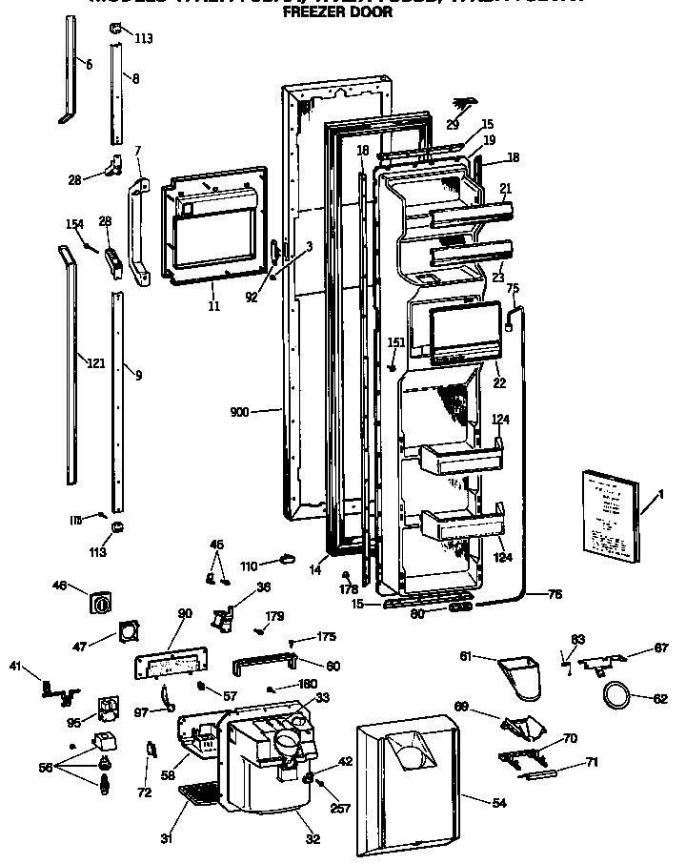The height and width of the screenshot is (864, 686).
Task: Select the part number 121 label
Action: click(x=95, y=363)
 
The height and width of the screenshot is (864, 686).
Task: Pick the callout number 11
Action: click(x=213, y=306)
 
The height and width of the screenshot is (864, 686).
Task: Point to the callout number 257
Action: click(x=340, y=809)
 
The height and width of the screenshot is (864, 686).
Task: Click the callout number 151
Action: click(x=396, y=342)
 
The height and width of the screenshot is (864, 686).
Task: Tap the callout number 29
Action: click(x=452, y=125)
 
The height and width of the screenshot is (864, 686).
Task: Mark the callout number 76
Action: click(x=555, y=595)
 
